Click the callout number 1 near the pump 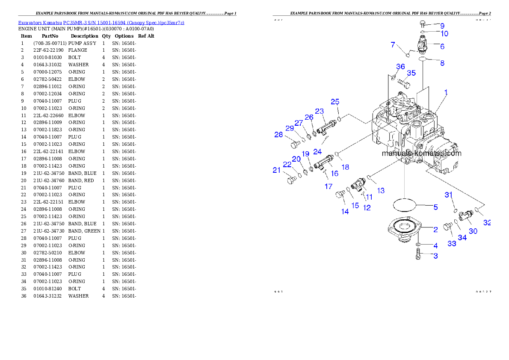(x=446, y=92)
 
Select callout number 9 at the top (x=442, y=26)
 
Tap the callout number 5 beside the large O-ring (x=435, y=207)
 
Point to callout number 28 (x=279, y=135)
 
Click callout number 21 (x=277, y=170)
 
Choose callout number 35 (x=411, y=73)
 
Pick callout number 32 (x=487, y=222)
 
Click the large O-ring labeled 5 (x=405, y=204)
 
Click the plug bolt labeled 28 (x=295, y=144)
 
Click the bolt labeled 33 (x=448, y=226)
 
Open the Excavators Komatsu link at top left (x=101, y=23)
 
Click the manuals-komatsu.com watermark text (x=421, y=153)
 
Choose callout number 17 (x=328, y=186)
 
